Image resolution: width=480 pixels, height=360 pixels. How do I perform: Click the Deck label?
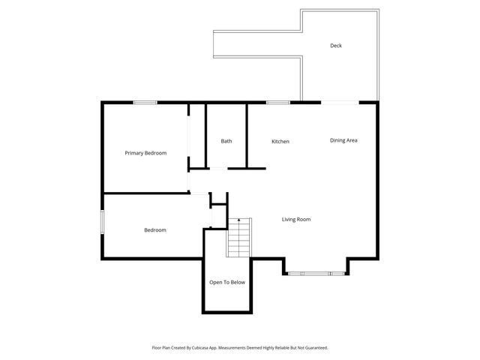click(x=336, y=46)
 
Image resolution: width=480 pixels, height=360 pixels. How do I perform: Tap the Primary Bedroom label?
click(x=145, y=153)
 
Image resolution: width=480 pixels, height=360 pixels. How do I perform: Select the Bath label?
click(x=226, y=141)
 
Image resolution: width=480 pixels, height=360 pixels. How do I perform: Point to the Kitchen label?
click(x=280, y=141)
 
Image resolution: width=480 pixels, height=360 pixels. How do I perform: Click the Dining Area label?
click(x=343, y=140)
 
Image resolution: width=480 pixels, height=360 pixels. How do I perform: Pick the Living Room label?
click(x=296, y=220)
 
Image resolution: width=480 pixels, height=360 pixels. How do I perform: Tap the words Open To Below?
click(x=227, y=282)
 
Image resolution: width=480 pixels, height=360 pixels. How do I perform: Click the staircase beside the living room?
click(x=238, y=238)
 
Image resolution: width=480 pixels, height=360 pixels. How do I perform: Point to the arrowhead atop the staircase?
click(x=239, y=220)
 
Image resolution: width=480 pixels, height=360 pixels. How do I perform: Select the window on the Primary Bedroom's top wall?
click(x=145, y=102)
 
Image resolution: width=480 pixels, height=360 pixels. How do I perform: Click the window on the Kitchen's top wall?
click(x=278, y=102)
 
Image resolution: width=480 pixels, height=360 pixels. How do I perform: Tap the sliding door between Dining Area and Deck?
click(x=340, y=102)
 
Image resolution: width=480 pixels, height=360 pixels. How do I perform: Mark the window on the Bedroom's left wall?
click(x=103, y=224)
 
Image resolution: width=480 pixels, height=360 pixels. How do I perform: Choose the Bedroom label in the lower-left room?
click(x=155, y=230)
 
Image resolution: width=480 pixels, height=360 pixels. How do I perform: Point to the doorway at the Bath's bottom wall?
click(x=217, y=169)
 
